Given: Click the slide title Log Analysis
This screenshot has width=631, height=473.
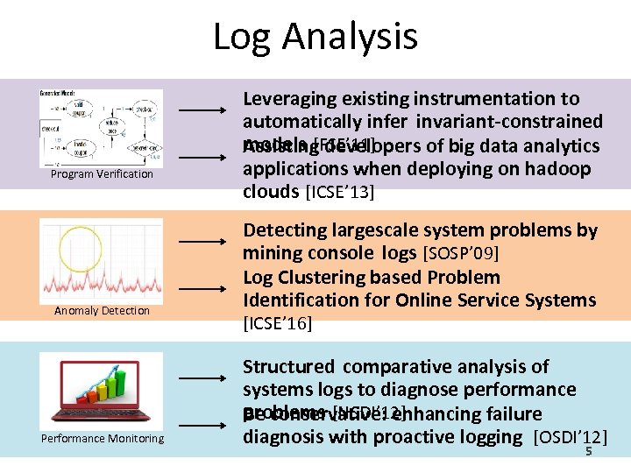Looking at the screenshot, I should click(x=315, y=38).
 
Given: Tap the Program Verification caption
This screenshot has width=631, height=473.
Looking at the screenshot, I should click(x=102, y=174).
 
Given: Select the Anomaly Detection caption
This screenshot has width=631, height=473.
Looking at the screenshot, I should click(x=102, y=311).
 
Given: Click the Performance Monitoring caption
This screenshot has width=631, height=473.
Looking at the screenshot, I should click(x=102, y=439).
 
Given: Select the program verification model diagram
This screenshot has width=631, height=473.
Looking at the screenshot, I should click(x=101, y=127).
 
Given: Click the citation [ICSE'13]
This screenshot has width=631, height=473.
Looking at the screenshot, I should click(x=338, y=193).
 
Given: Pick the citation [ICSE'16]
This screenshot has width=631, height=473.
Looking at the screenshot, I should click(x=278, y=324).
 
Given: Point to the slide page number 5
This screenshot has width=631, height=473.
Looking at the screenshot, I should click(x=589, y=452).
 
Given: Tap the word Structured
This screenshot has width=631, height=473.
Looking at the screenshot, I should click(x=288, y=367).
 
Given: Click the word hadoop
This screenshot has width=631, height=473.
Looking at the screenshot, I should click(x=560, y=169).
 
